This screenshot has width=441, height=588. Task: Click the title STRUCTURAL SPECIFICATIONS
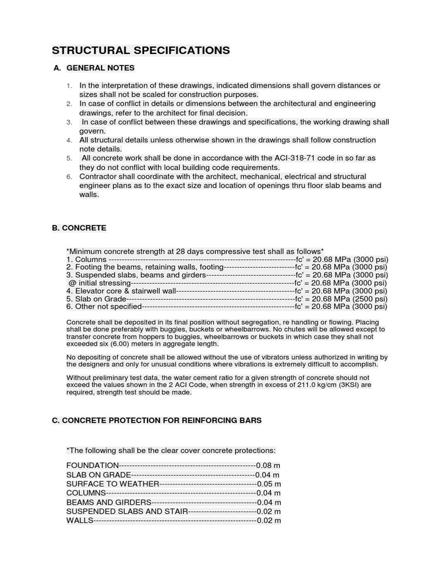point(141,51)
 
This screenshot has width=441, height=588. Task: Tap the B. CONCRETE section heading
point(79,228)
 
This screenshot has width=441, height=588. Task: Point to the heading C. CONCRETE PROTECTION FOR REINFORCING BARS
point(157,420)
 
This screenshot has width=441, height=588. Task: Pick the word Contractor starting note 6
point(98,176)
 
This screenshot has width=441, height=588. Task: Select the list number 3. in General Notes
point(69,122)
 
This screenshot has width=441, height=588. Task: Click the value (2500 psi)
point(370,299)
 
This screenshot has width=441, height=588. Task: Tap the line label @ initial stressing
point(99,283)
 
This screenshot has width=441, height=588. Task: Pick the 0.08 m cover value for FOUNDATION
point(268,465)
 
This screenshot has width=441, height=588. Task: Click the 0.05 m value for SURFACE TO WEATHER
point(269,483)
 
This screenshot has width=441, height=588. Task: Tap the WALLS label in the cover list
point(79,520)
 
